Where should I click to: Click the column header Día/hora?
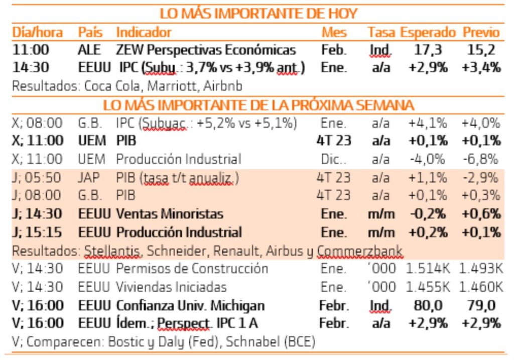tap(38, 33)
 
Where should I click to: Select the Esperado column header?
tap(428, 33)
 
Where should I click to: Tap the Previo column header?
tap(481, 33)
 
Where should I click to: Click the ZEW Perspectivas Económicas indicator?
tap(206, 50)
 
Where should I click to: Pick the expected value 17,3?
tap(428, 50)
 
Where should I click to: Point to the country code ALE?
tap(89, 50)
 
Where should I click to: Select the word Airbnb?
tap(223, 86)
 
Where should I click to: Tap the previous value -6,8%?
tap(481, 160)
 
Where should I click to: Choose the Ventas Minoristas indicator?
tap(170, 214)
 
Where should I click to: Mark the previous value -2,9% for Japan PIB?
tap(481, 178)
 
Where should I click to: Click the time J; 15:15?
tap(37, 232)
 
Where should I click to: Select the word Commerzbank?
tap(360, 251)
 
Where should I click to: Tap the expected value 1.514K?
tap(428, 269)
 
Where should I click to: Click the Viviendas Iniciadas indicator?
tap(171, 287)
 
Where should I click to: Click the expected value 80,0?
tap(428, 305)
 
